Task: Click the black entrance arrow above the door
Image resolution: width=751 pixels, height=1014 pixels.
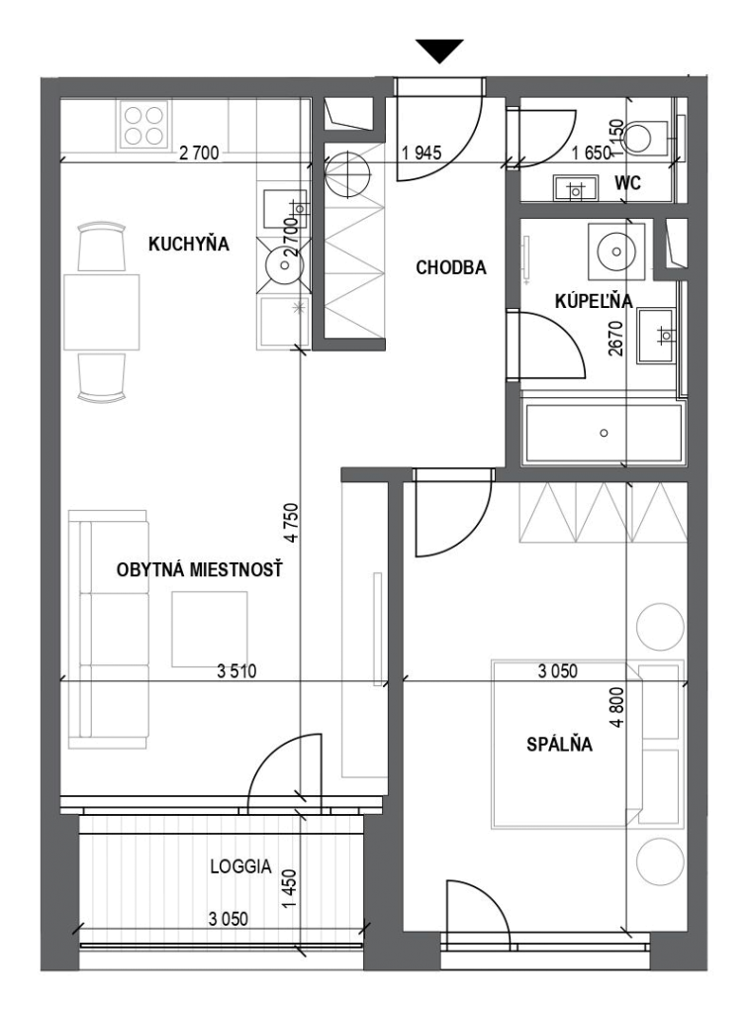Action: tap(439, 51)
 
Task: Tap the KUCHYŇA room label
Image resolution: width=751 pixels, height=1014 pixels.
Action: tap(189, 244)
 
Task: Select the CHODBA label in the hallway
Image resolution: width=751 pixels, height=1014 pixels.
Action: tap(451, 267)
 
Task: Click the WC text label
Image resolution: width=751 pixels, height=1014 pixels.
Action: tap(627, 183)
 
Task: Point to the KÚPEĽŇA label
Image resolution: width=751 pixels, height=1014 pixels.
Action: tap(594, 300)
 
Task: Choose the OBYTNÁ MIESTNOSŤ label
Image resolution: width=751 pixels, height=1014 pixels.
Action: tap(200, 569)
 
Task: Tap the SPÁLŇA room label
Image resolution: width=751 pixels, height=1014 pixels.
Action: tap(560, 745)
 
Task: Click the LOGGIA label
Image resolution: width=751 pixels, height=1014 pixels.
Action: tap(241, 866)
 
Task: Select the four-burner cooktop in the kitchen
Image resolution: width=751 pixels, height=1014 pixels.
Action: tap(143, 126)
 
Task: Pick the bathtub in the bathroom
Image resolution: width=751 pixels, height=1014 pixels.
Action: tap(604, 433)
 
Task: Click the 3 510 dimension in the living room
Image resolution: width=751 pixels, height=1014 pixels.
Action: tap(236, 671)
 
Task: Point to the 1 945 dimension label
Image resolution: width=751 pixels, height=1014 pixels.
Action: tap(422, 152)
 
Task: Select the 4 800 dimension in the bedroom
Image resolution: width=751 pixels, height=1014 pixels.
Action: tap(617, 706)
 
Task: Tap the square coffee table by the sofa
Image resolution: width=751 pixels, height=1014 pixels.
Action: tap(210, 629)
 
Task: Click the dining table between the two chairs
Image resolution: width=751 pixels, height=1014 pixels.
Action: tap(102, 312)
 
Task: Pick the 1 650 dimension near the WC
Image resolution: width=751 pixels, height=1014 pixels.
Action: tap(592, 152)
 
